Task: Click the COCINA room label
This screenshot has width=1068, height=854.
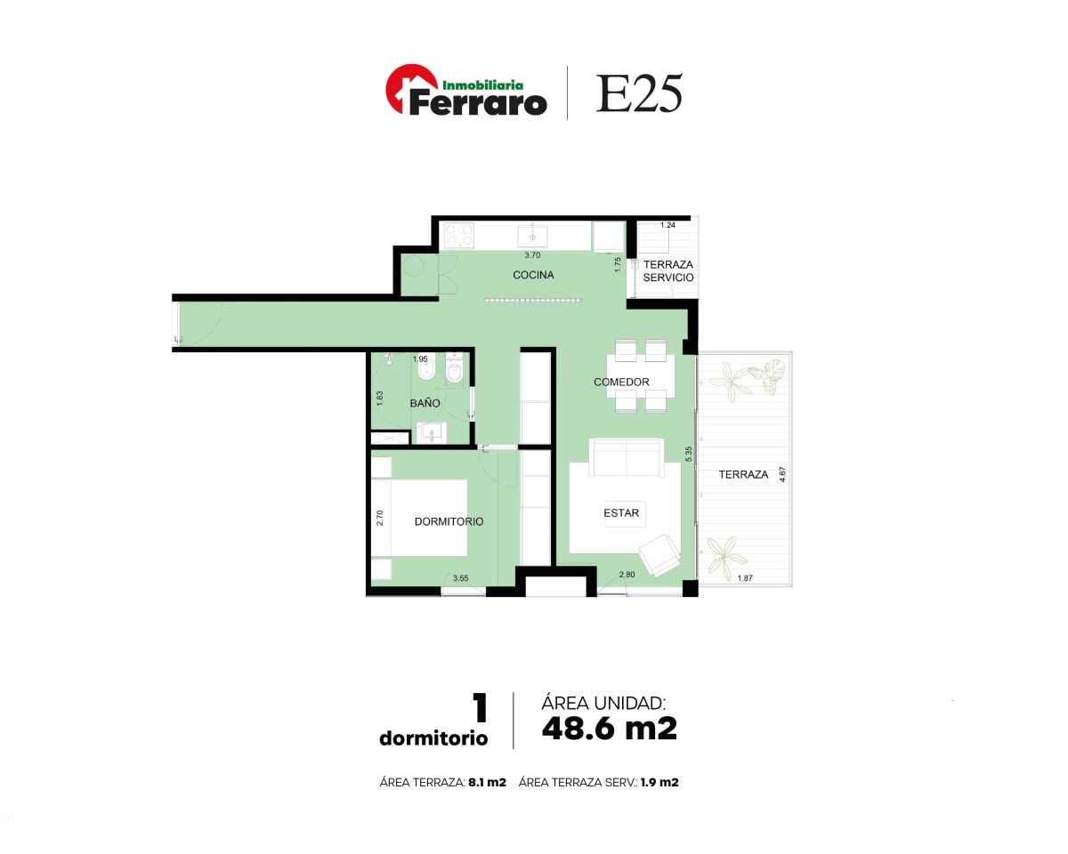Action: coord(533,275)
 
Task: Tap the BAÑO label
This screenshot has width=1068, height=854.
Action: coord(425,403)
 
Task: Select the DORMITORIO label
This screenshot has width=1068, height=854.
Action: coord(449,521)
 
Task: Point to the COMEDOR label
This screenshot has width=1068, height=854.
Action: coord(621,383)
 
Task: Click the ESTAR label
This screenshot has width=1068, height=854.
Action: coord(621,513)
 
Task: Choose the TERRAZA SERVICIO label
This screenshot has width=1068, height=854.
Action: coord(668,271)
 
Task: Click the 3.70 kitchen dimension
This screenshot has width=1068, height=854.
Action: coord(532,255)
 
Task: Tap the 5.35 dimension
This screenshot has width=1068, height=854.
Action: coord(688,454)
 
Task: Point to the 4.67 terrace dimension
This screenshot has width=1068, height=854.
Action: coord(782,474)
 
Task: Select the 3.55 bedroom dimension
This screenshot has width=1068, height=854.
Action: coord(460,578)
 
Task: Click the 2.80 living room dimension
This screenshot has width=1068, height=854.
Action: coord(627,575)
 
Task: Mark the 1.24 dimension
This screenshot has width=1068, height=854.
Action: coord(667,225)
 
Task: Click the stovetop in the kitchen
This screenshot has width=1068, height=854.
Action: coord(459,235)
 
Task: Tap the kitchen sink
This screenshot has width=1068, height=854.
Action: coord(532,236)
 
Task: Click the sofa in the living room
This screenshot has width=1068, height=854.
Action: coord(627,457)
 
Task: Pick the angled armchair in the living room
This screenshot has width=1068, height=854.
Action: coord(659,555)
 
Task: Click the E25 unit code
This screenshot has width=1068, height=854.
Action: coord(639,93)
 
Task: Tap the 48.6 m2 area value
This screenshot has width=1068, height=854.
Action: coord(610,729)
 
